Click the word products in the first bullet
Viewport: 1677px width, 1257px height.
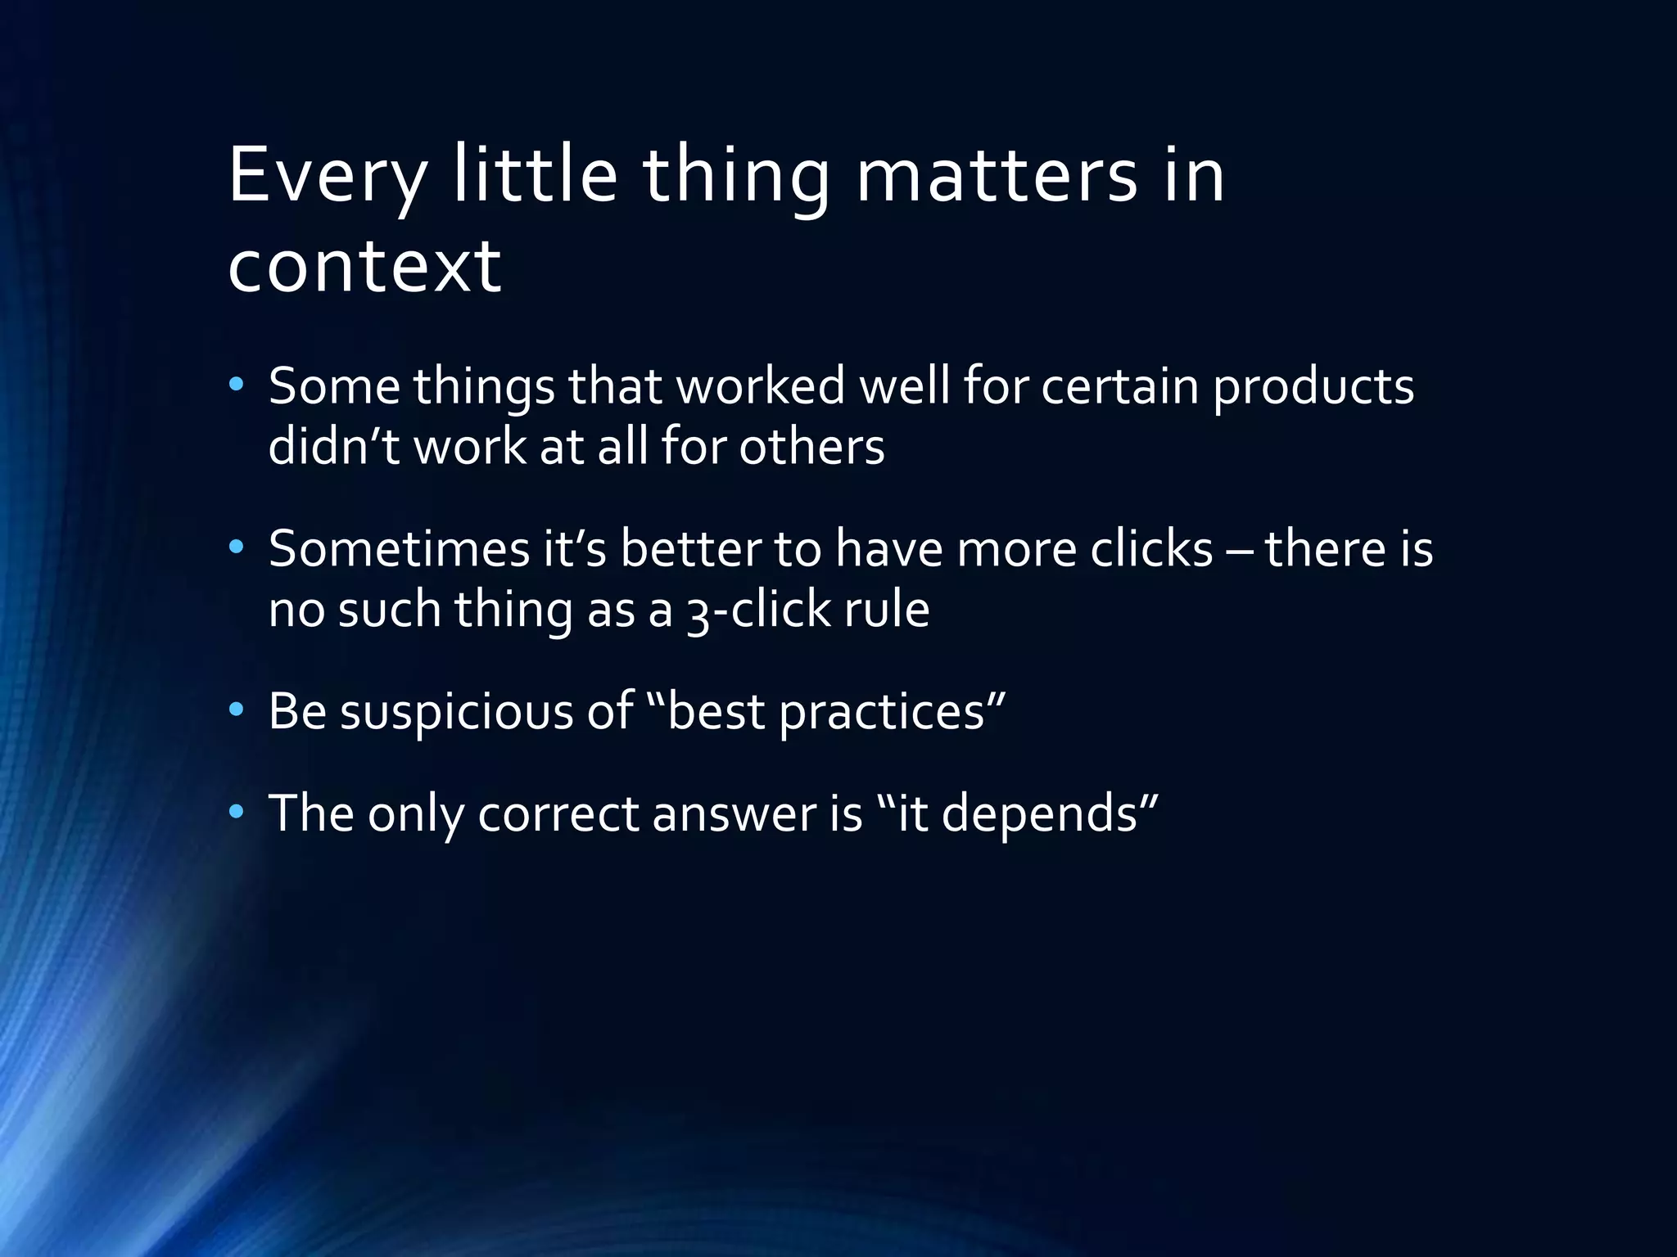1313,387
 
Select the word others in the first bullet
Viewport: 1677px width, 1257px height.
811,447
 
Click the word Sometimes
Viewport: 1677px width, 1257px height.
399,548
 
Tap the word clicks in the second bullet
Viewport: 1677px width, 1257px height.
1151,548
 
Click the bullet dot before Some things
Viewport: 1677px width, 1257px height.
237,384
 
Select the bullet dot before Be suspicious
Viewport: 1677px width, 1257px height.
237,710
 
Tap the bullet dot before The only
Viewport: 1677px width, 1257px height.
237,812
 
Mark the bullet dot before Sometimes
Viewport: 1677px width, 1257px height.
237,547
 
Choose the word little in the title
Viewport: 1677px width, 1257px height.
535,175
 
